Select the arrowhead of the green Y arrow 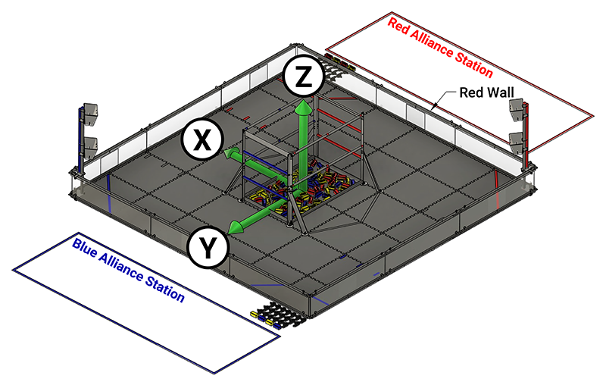click(237, 226)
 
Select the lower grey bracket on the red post click(517, 141)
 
